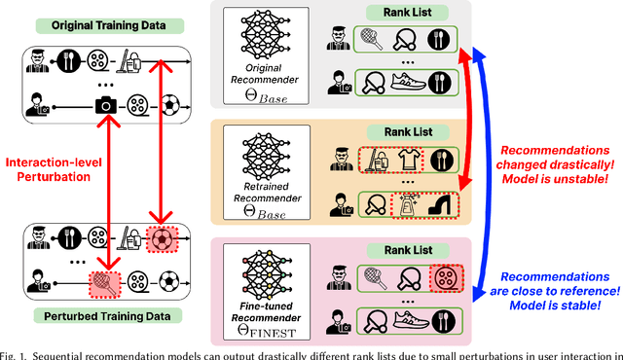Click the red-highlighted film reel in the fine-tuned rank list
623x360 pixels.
click(449, 250)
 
